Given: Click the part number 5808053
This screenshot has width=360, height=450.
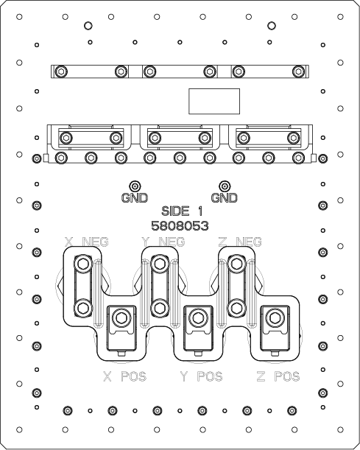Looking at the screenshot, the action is pyautogui.click(x=180, y=226).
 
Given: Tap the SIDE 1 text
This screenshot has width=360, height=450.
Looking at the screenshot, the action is pyautogui.click(x=182, y=211).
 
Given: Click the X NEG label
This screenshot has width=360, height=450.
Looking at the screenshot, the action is pyautogui.click(x=87, y=242).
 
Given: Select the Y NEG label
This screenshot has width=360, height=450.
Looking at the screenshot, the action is pyautogui.click(x=163, y=242).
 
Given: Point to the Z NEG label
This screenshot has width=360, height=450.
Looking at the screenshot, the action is pyautogui.click(x=240, y=242).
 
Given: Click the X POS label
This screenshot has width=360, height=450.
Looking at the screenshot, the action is pyautogui.click(x=124, y=376).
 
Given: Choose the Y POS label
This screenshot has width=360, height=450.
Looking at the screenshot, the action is pyautogui.click(x=202, y=376).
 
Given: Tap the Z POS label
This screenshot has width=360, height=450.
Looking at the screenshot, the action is pyautogui.click(x=278, y=376).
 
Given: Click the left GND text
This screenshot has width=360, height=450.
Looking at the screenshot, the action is pyautogui.click(x=135, y=197).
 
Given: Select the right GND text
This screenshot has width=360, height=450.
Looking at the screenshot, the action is pyautogui.click(x=225, y=197).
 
